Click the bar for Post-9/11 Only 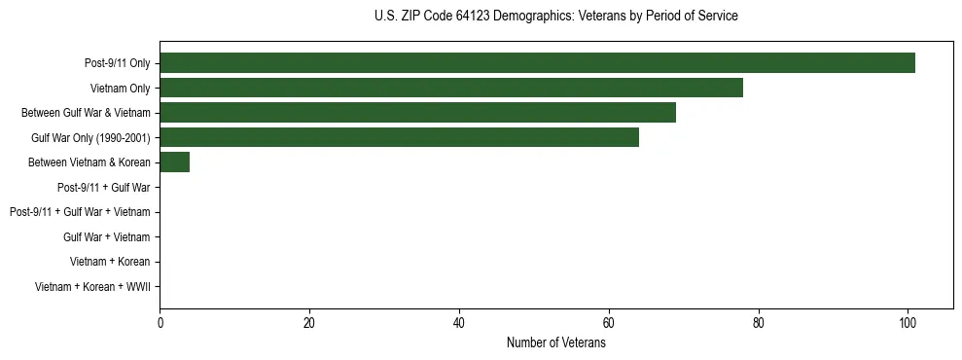point(537,63)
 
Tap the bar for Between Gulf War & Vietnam point(417,113)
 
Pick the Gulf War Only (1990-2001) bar point(399,137)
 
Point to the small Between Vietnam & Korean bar point(174,162)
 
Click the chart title point(555,17)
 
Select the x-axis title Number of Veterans point(555,343)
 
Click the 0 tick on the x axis point(160,324)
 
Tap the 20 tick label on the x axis point(309,324)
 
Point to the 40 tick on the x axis point(459,324)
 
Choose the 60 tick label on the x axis point(608,324)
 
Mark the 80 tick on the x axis point(758,324)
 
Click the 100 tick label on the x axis point(908,324)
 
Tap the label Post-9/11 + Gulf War point(103,187)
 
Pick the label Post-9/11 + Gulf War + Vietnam point(80,212)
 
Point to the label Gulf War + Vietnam point(106,236)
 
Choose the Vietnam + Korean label point(110,262)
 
